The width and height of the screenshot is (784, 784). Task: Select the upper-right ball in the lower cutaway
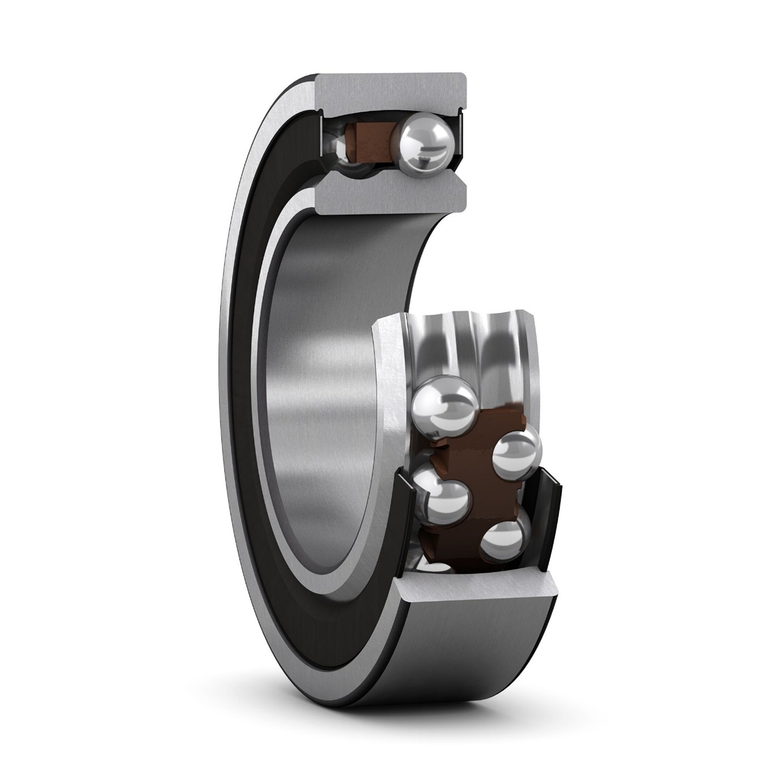click(x=516, y=454)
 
